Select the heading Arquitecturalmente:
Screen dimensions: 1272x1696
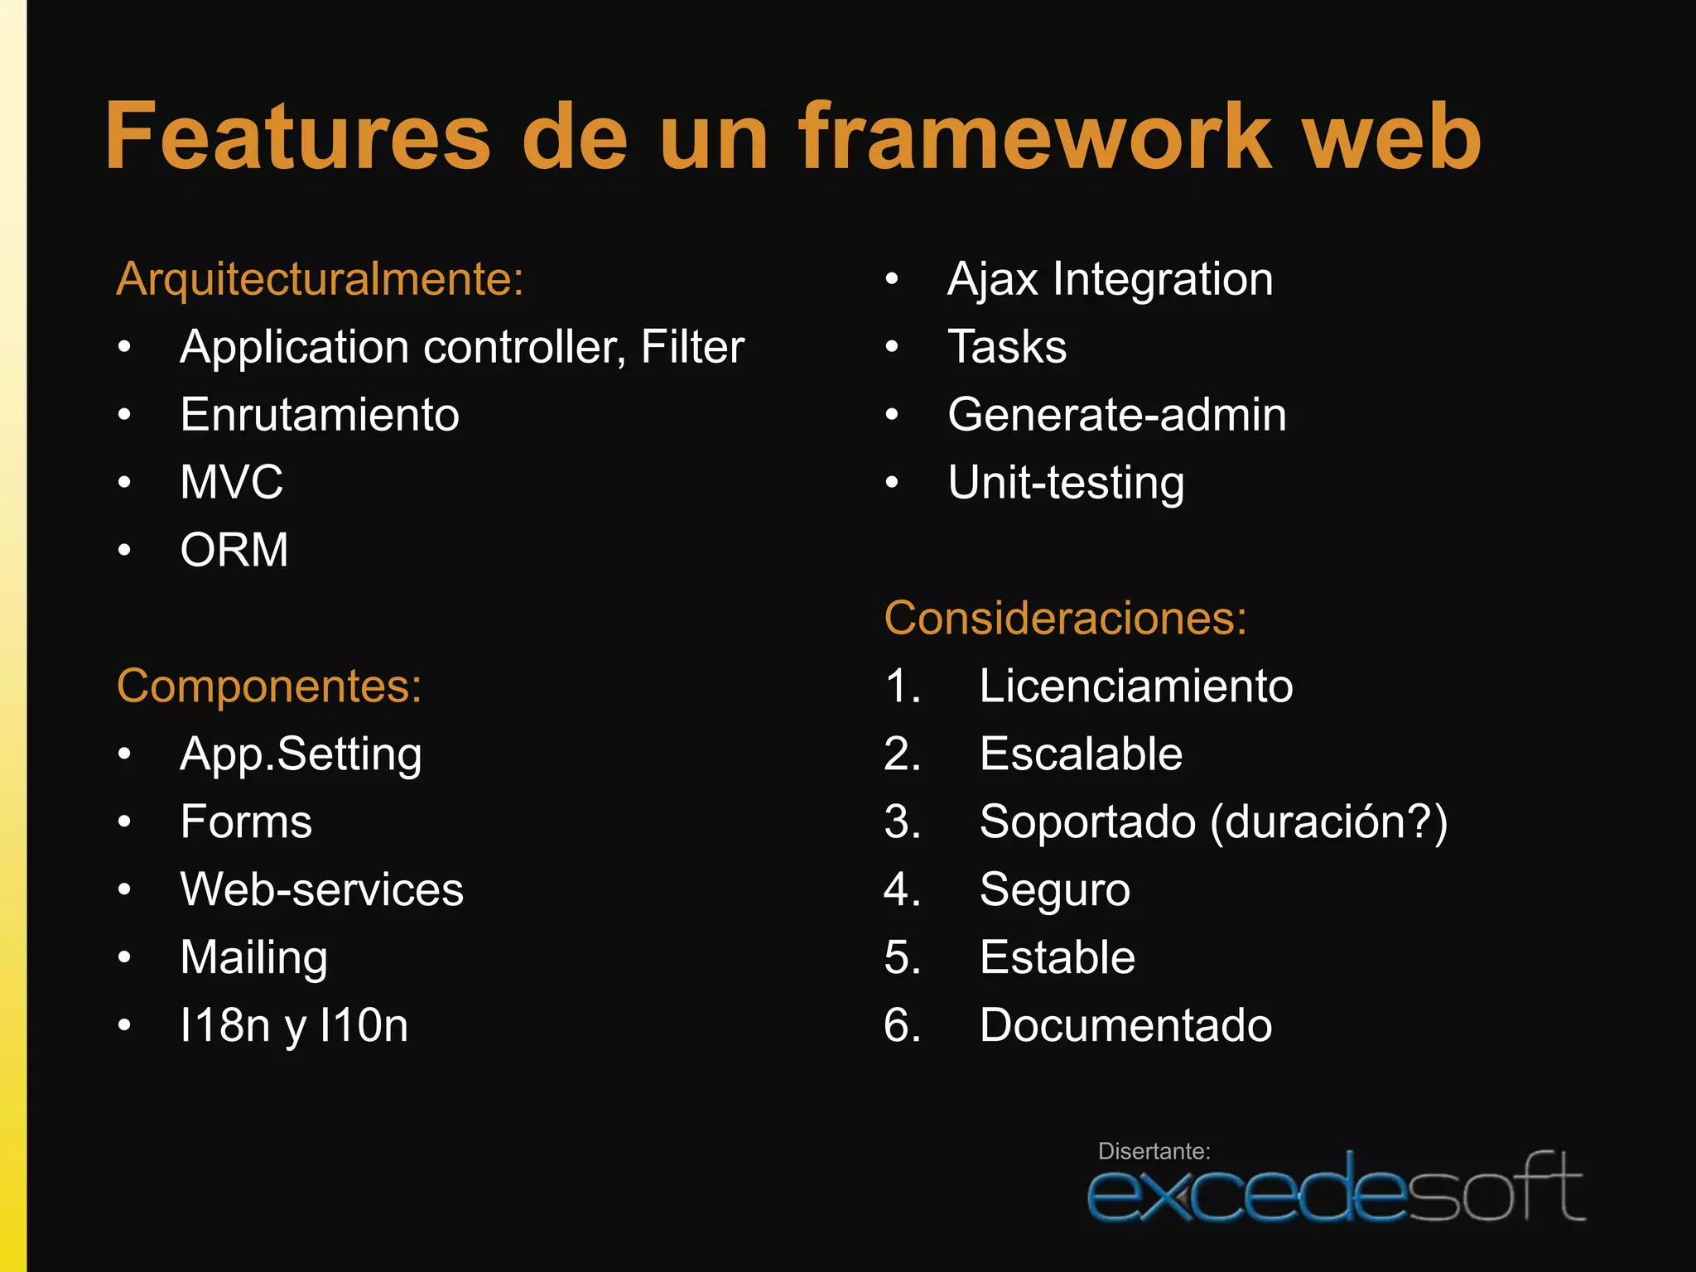coord(320,279)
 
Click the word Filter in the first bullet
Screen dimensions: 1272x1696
coord(692,347)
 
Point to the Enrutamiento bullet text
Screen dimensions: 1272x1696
coord(320,415)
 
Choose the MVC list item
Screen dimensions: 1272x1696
coord(232,482)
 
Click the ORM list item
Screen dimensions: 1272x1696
coord(234,550)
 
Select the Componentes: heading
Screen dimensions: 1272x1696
coord(269,686)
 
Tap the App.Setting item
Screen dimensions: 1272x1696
coord(301,754)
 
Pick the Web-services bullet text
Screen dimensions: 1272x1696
coord(321,890)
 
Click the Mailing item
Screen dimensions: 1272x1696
coord(253,958)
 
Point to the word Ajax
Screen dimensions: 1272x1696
coord(992,279)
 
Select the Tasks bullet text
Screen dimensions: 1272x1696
coord(1007,347)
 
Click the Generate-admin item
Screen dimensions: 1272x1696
coord(1117,415)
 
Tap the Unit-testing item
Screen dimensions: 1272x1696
coord(1066,483)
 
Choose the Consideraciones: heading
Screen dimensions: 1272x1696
coord(1065,618)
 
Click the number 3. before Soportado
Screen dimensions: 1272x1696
coord(902,822)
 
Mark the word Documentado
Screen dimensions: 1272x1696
coord(1125,1026)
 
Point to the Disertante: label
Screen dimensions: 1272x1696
coord(1154,1151)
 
